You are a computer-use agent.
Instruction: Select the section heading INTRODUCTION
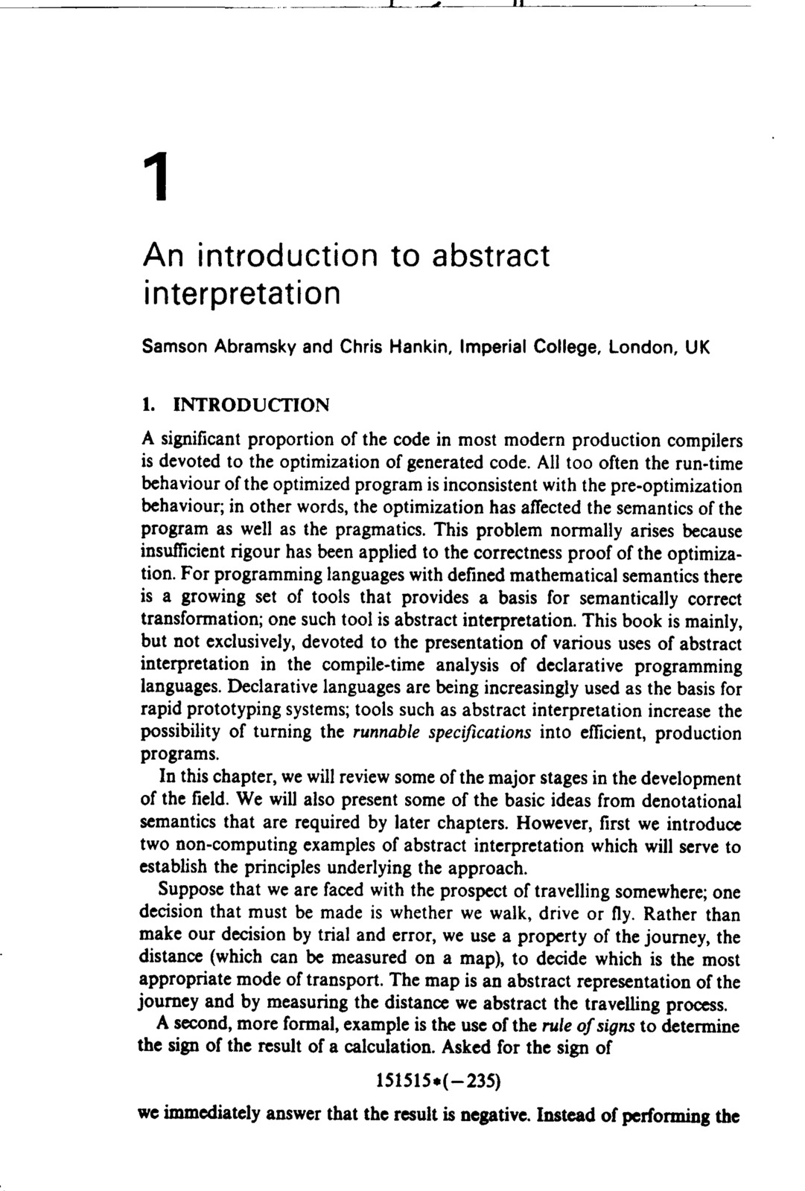pyautogui.click(x=250, y=406)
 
